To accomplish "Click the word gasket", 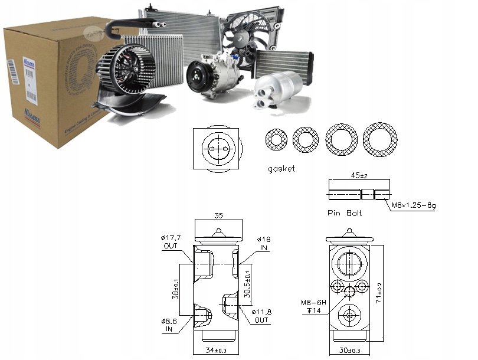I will point(280,169).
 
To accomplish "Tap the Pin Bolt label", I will point(343,212).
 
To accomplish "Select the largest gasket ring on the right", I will point(381,139).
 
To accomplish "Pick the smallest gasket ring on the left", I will point(276,140).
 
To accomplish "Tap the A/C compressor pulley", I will point(198,79).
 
